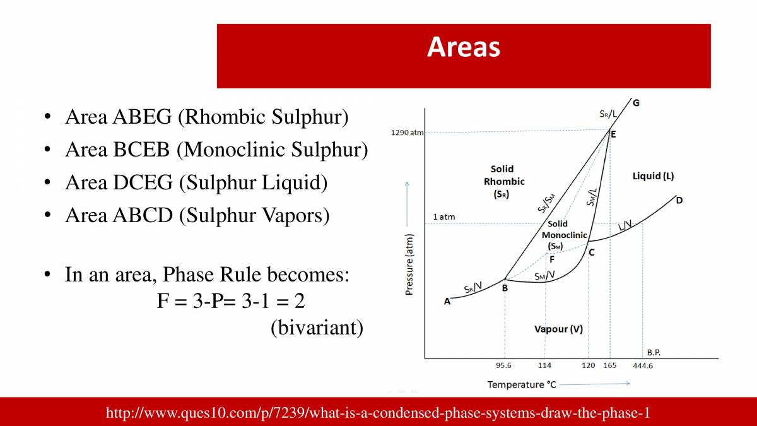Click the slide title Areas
coord(464,47)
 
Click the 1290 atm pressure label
coord(408,133)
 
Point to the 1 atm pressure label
coord(443,217)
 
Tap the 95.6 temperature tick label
coord(504,366)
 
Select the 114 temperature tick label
coord(544,366)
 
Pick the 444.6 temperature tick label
coord(643,366)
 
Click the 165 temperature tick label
coord(610,366)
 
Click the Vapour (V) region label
coord(558,329)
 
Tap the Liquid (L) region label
coord(653,176)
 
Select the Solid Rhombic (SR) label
coord(502,182)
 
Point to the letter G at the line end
coord(635,103)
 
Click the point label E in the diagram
coord(614,134)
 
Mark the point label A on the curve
coord(447,302)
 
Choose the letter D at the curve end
coord(679,201)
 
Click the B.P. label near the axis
coord(654,352)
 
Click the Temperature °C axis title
coord(522,384)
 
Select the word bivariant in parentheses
coord(317,328)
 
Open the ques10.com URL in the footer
coord(378,413)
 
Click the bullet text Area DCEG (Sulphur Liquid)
coord(196,183)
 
